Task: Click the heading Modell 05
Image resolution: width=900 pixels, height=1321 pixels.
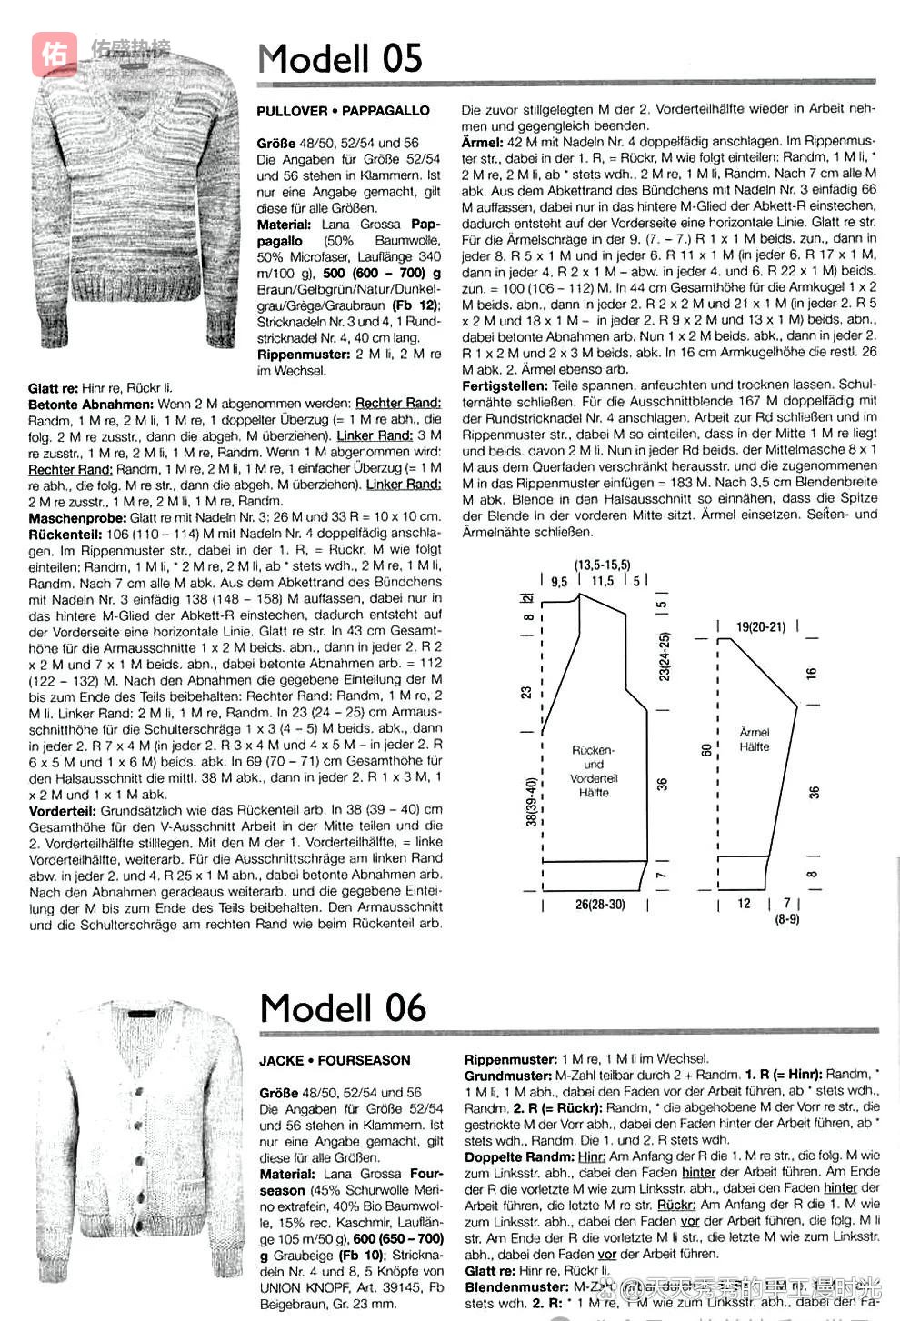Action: [340, 59]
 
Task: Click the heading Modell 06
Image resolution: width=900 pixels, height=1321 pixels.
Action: [343, 1008]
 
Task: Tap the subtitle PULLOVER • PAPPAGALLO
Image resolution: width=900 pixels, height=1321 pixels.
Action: [343, 111]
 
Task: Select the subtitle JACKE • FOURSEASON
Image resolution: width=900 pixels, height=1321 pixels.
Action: [335, 1060]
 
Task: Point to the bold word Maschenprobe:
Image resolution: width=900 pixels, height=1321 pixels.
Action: [76, 517]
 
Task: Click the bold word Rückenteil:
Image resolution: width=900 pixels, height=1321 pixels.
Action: [65, 534]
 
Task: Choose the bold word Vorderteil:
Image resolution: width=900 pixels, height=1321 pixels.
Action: [63, 809]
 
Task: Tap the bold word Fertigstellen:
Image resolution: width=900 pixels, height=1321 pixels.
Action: [505, 385]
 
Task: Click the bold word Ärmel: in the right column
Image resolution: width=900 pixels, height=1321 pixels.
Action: [482, 142]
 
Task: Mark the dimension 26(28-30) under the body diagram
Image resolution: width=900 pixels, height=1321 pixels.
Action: [600, 905]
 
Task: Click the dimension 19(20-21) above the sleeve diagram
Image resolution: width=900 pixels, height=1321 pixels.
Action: [760, 626]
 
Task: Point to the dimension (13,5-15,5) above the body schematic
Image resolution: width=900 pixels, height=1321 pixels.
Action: [602, 565]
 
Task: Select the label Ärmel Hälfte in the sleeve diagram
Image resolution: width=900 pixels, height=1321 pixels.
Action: [755, 739]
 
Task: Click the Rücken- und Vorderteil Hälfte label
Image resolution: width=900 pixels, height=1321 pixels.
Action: [594, 771]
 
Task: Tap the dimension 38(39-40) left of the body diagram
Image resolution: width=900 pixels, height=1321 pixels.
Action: [530, 801]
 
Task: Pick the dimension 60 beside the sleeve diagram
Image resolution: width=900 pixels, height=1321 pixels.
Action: [706, 749]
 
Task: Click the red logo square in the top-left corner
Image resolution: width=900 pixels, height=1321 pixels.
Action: [55, 55]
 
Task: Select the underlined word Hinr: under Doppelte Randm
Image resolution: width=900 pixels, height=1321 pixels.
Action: [592, 1156]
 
